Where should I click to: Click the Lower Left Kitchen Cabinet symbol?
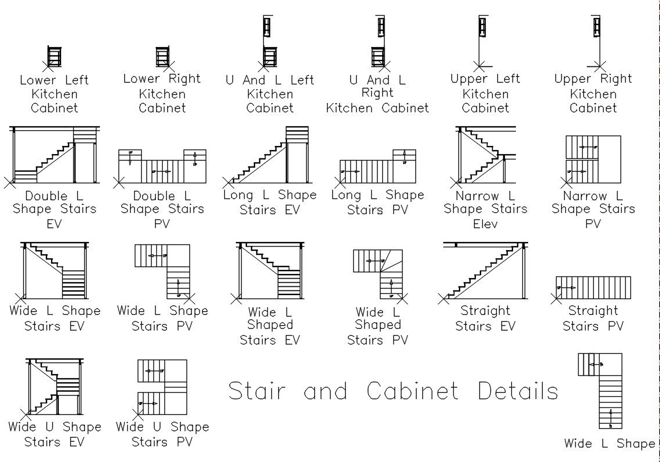pyautogui.click(x=54, y=57)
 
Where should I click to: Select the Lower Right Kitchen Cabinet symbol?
pyautogui.click(x=162, y=56)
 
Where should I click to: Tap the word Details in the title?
pyautogui.click(x=518, y=391)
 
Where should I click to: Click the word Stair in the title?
pyautogui.click(x=257, y=391)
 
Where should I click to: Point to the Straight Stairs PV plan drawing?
pyautogui.click(x=593, y=287)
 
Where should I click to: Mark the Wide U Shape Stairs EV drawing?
pyautogui.click(x=53, y=385)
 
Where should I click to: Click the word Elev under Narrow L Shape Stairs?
pyautogui.click(x=485, y=223)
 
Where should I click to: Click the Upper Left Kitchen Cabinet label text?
pyautogui.click(x=485, y=93)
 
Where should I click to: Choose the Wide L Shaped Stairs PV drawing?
pyautogui.click(x=378, y=273)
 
